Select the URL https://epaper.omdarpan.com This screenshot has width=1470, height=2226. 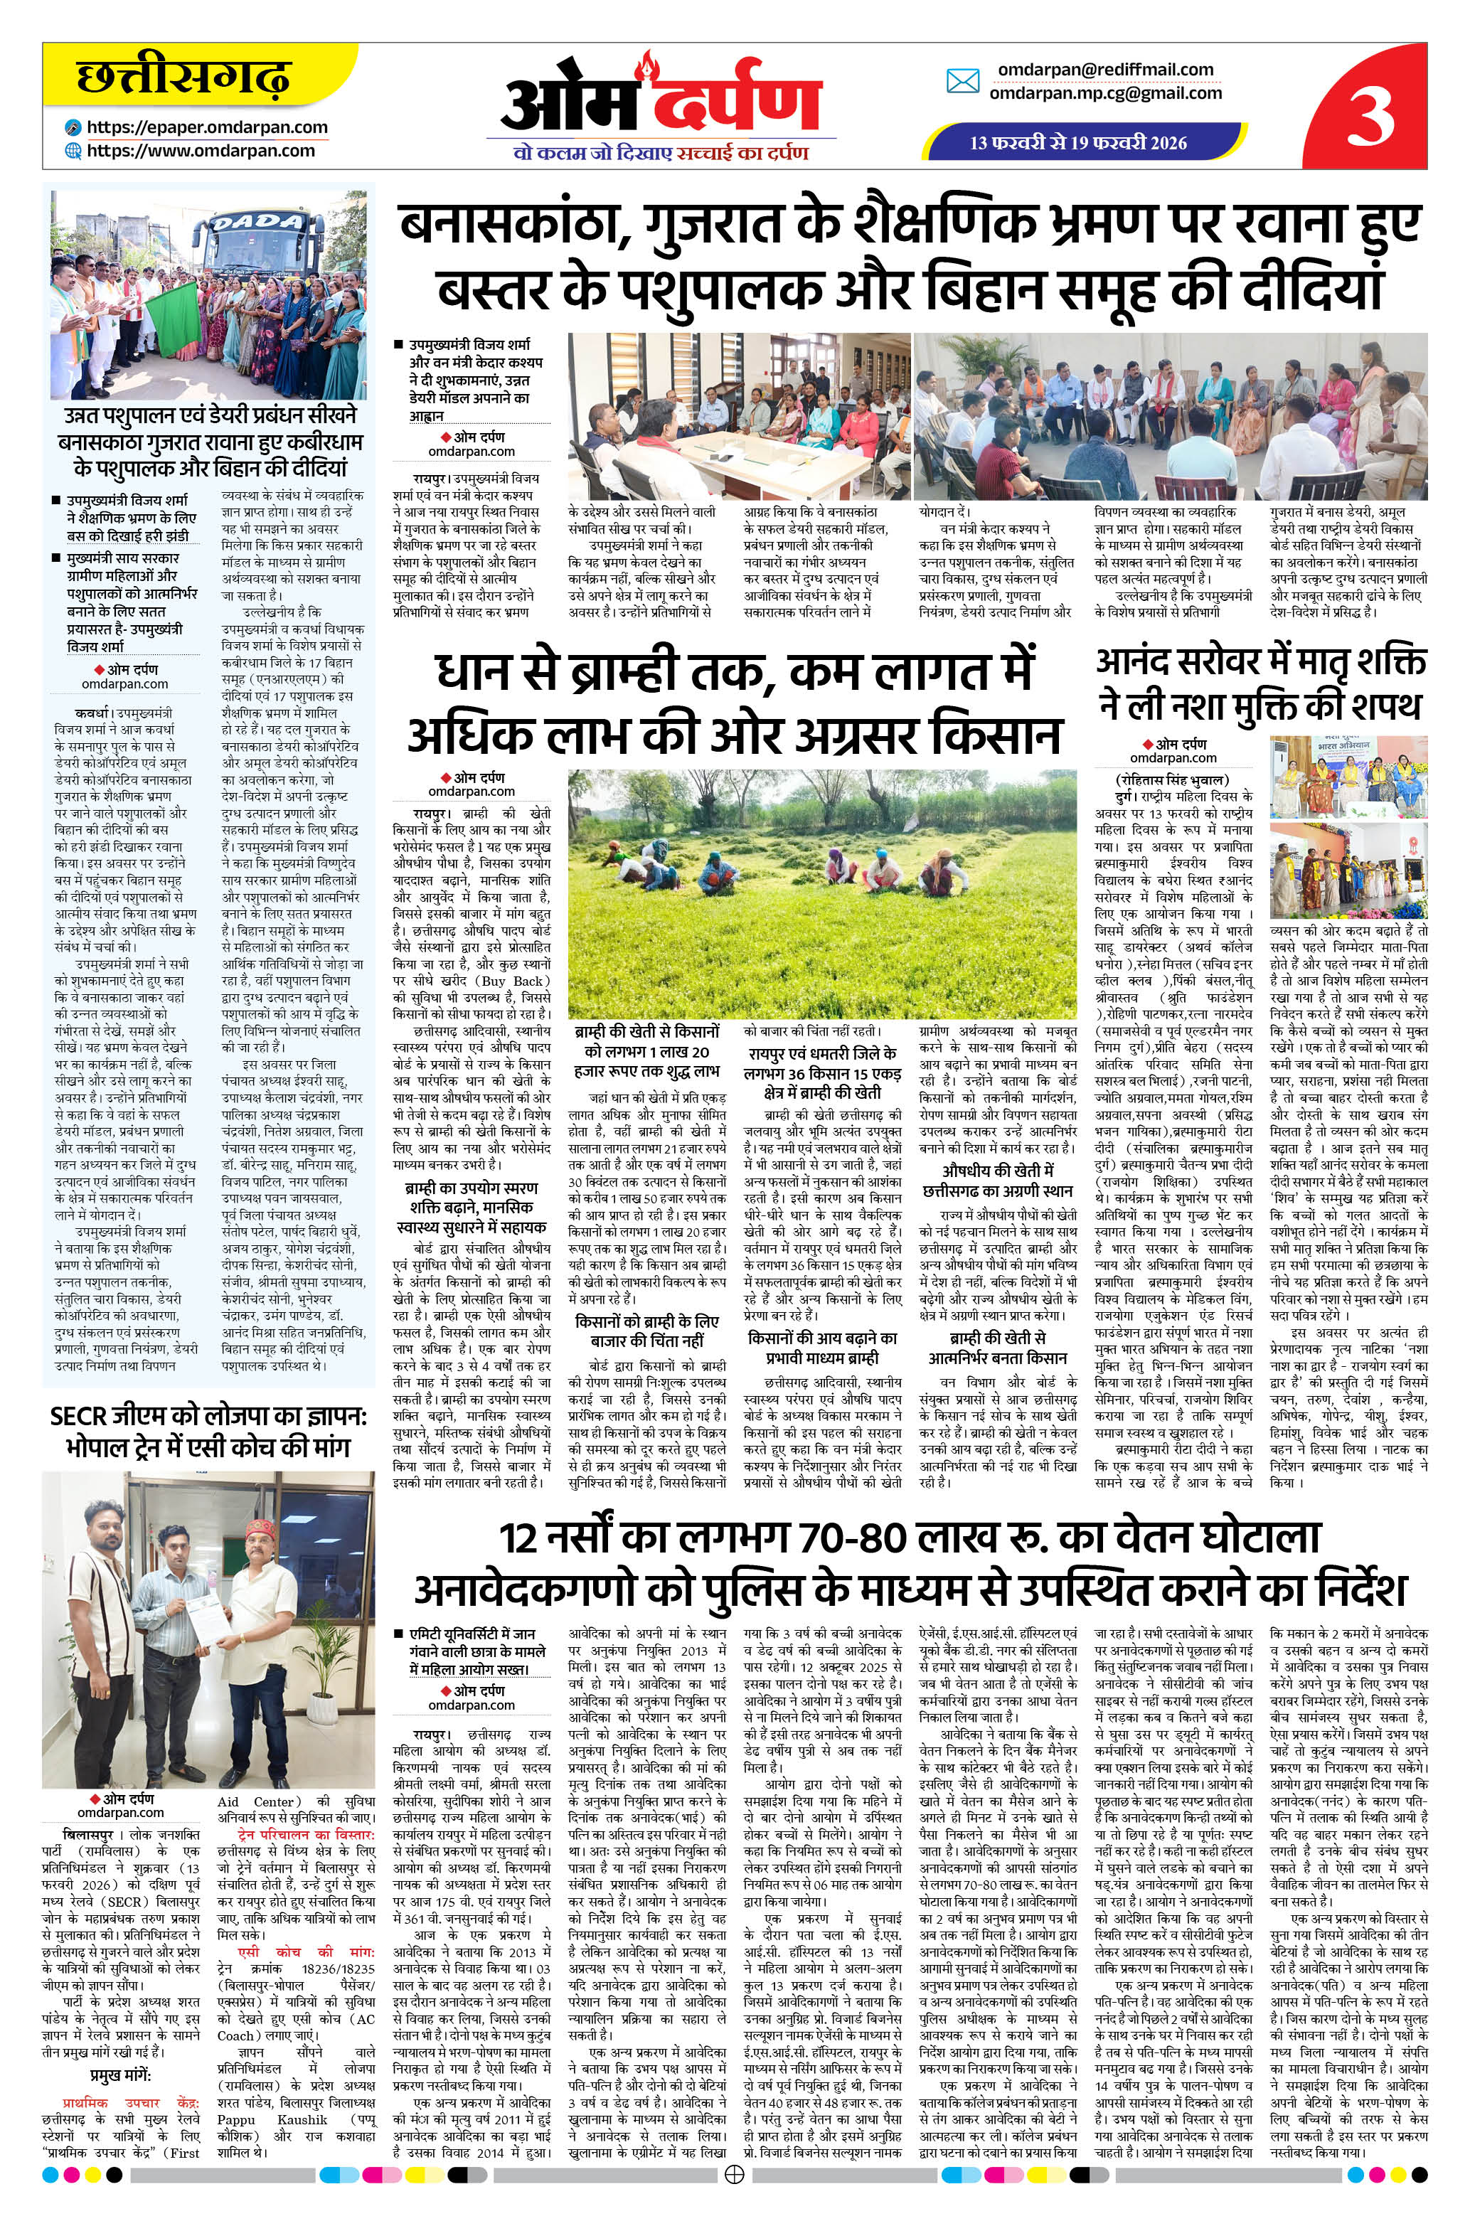(x=206, y=127)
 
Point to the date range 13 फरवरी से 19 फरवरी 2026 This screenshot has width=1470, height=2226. (x=1078, y=142)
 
